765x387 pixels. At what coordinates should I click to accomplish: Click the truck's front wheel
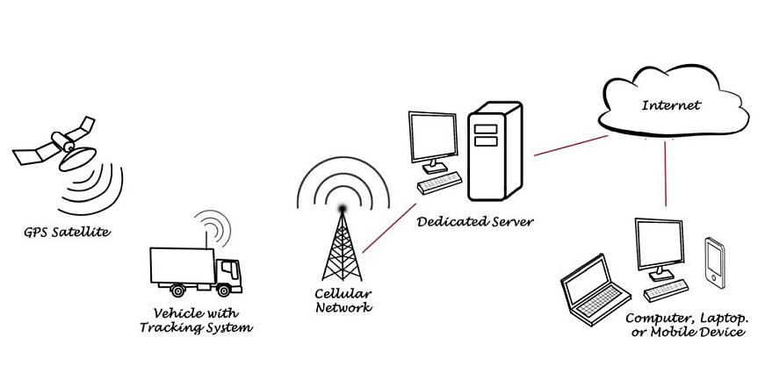(226, 290)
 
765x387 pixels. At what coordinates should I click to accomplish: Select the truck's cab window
(230, 266)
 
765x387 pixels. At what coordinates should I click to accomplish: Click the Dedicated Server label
(475, 220)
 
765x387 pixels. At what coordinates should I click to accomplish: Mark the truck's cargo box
(183, 264)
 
